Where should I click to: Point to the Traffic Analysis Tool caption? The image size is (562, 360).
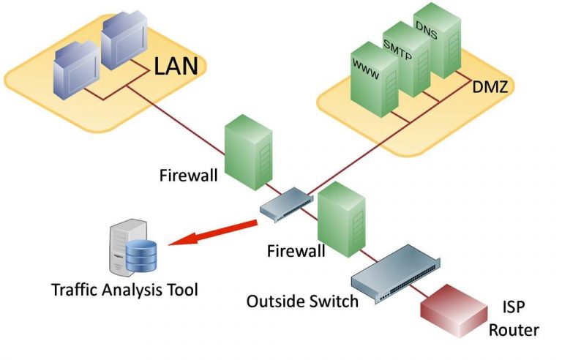pyautogui.click(x=124, y=289)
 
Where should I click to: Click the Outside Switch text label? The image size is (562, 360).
pyautogui.click(x=302, y=301)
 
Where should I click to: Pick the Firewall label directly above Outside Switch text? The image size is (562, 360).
pyautogui.click(x=295, y=251)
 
